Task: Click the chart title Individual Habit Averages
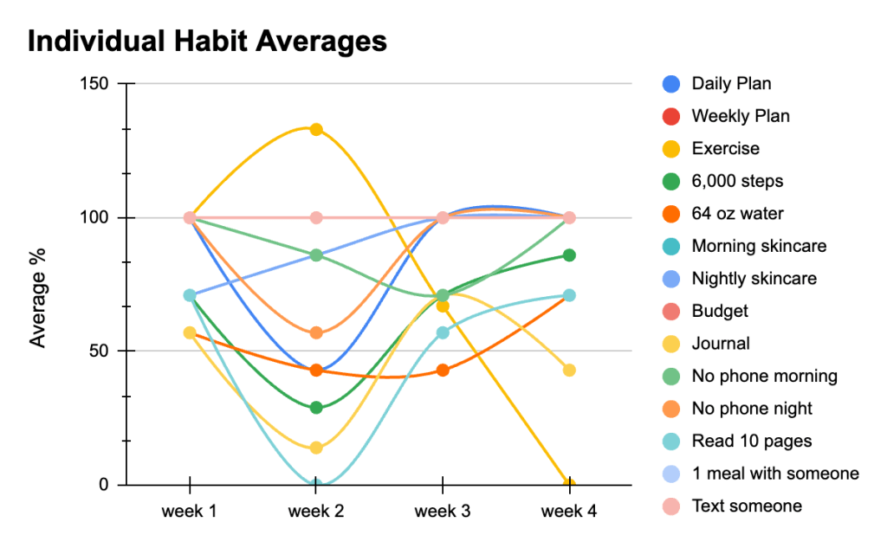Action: pyautogui.click(x=207, y=41)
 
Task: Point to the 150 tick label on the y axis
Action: pyautogui.click(x=96, y=84)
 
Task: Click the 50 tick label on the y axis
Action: pyautogui.click(x=101, y=351)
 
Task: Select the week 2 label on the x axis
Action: pyautogui.click(x=315, y=512)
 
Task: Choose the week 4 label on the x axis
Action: pyautogui.click(x=569, y=512)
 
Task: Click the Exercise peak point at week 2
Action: pyautogui.click(x=316, y=130)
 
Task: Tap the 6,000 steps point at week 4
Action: pyautogui.click(x=569, y=255)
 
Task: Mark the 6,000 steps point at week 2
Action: pyautogui.click(x=316, y=408)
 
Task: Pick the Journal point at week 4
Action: pyautogui.click(x=569, y=371)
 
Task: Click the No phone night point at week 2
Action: pyautogui.click(x=316, y=332)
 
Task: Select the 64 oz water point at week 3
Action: pyautogui.click(x=443, y=371)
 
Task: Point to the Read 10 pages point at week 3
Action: pyautogui.click(x=443, y=332)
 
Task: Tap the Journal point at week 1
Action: pyautogui.click(x=190, y=332)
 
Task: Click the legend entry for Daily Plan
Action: pyautogui.click(x=731, y=84)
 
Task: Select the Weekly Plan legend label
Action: pyautogui.click(x=741, y=116)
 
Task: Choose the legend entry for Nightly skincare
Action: pyautogui.click(x=754, y=279)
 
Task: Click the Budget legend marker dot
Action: pyautogui.click(x=670, y=311)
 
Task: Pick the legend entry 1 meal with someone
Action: pyautogui.click(x=775, y=474)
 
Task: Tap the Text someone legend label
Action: pyautogui.click(x=747, y=506)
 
